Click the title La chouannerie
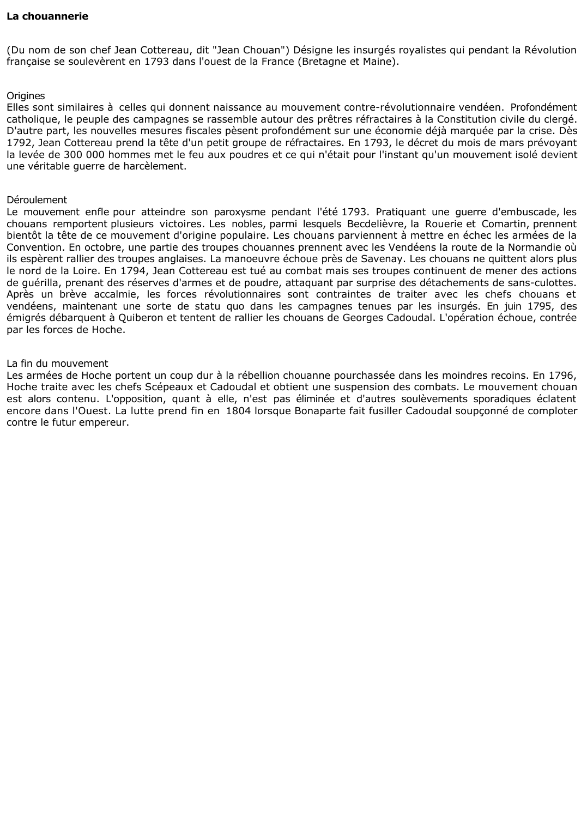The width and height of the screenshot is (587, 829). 47,16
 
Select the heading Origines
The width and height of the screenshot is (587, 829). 26,96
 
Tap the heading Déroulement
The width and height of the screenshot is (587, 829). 37,200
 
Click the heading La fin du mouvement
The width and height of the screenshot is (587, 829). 57,364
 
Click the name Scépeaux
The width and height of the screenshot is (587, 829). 165,387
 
